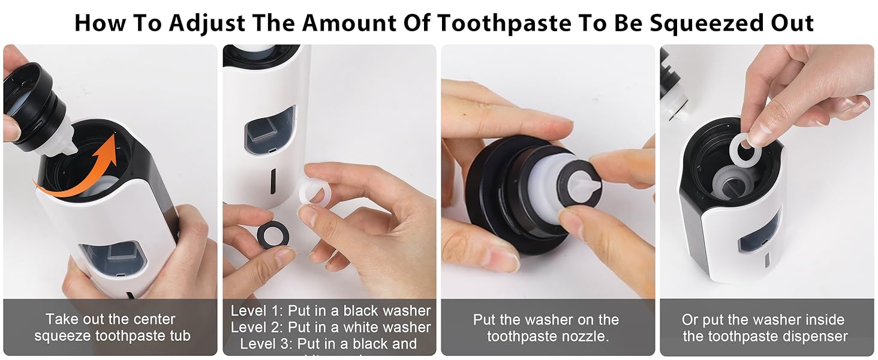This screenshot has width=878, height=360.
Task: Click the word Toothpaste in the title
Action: click(504, 23)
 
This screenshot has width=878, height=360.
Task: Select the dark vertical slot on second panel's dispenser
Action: click(273, 179)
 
